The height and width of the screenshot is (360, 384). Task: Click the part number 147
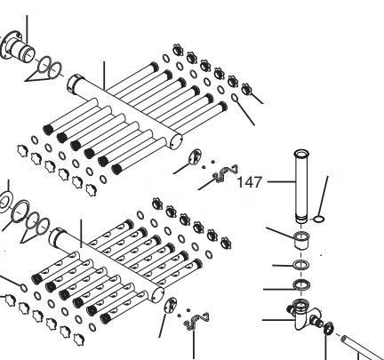[250, 182]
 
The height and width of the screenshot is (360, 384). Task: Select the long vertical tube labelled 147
[301, 187]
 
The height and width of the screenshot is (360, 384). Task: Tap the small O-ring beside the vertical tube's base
[319, 220]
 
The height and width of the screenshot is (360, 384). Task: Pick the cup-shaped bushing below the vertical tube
[301, 241]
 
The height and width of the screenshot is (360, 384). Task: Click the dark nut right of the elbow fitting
[328, 327]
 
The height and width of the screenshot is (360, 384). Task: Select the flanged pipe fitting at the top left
[17, 48]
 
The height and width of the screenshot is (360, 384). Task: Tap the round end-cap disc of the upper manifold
[196, 156]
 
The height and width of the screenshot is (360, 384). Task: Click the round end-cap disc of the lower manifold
[170, 305]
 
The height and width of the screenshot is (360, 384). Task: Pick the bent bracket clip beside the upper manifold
[226, 174]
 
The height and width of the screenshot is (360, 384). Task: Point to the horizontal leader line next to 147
[281, 181]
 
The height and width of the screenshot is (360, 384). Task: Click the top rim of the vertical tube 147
[301, 154]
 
